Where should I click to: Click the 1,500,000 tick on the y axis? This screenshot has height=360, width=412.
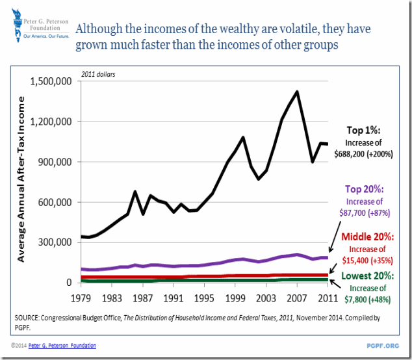(x=53, y=81)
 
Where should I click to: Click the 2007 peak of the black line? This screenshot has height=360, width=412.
(x=298, y=92)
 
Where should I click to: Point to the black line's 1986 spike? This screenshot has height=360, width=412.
(x=134, y=192)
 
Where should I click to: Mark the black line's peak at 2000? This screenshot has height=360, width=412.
(x=243, y=137)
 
